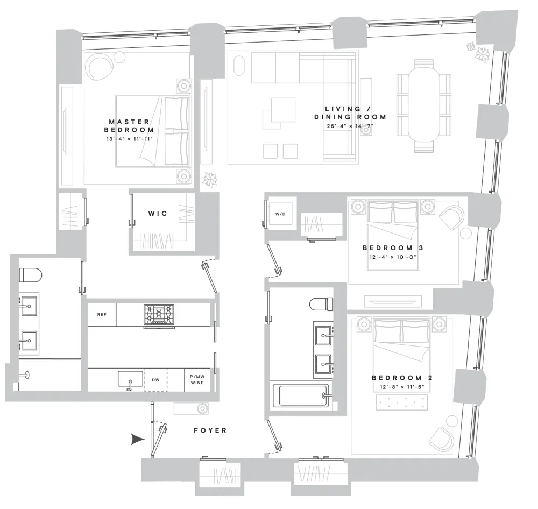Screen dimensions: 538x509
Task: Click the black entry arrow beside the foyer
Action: pyautogui.click(x=138, y=439)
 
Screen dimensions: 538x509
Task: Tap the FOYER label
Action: pyautogui.click(x=210, y=430)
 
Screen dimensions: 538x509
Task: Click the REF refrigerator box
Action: pyautogui.click(x=102, y=314)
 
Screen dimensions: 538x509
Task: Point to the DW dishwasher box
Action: pyautogui.click(x=156, y=380)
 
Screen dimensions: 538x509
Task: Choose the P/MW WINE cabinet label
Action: pyautogui.click(x=197, y=380)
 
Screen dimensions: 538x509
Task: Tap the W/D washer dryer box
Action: pyautogui.click(x=280, y=214)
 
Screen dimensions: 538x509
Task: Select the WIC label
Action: pyautogui.click(x=158, y=214)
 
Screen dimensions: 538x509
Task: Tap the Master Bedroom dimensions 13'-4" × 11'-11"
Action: pyautogui.click(x=129, y=139)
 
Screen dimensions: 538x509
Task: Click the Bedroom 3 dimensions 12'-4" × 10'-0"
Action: pyautogui.click(x=393, y=257)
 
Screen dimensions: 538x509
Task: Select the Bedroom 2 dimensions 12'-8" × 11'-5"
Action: pyautogui.click(x=402, y=387)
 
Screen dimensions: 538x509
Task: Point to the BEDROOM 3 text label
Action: pyautogui.click(x=393, y=248)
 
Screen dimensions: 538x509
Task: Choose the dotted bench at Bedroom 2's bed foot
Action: pyautogui.click(x=402, y=402)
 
